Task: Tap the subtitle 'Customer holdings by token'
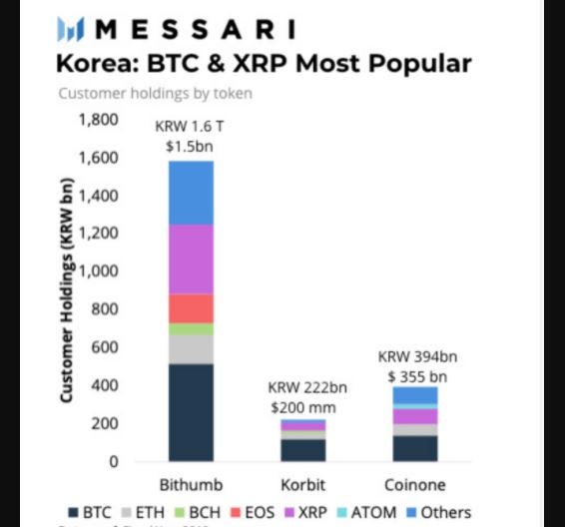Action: tap(155, 94)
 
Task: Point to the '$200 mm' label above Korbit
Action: tap(302, 407)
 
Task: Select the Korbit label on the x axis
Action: tap(302, 484)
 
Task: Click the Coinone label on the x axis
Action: tap(414, 484)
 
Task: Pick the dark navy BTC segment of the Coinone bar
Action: tap(414, 448)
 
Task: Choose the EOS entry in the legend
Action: tap(255, 513)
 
